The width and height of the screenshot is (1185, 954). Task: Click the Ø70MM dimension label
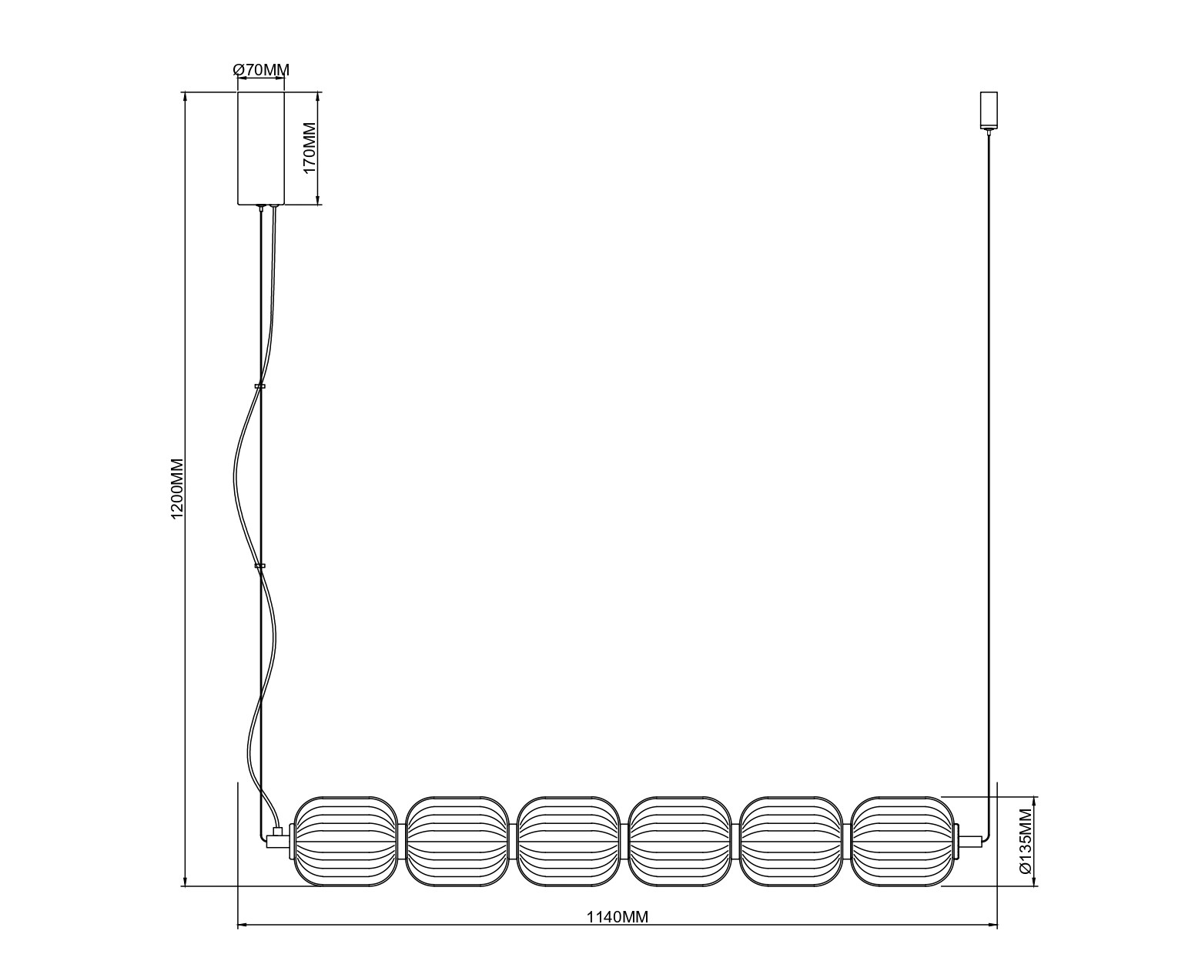[x=261, y=71]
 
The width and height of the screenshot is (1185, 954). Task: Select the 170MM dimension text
[x=310, y=148]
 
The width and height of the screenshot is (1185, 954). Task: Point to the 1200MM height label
[x=177, y=489]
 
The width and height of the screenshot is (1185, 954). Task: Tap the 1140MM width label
[x=618, y=917]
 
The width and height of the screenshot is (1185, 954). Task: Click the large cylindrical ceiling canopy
[x=261, y=148]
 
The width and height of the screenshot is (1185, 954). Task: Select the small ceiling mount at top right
[x=989, y=111]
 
